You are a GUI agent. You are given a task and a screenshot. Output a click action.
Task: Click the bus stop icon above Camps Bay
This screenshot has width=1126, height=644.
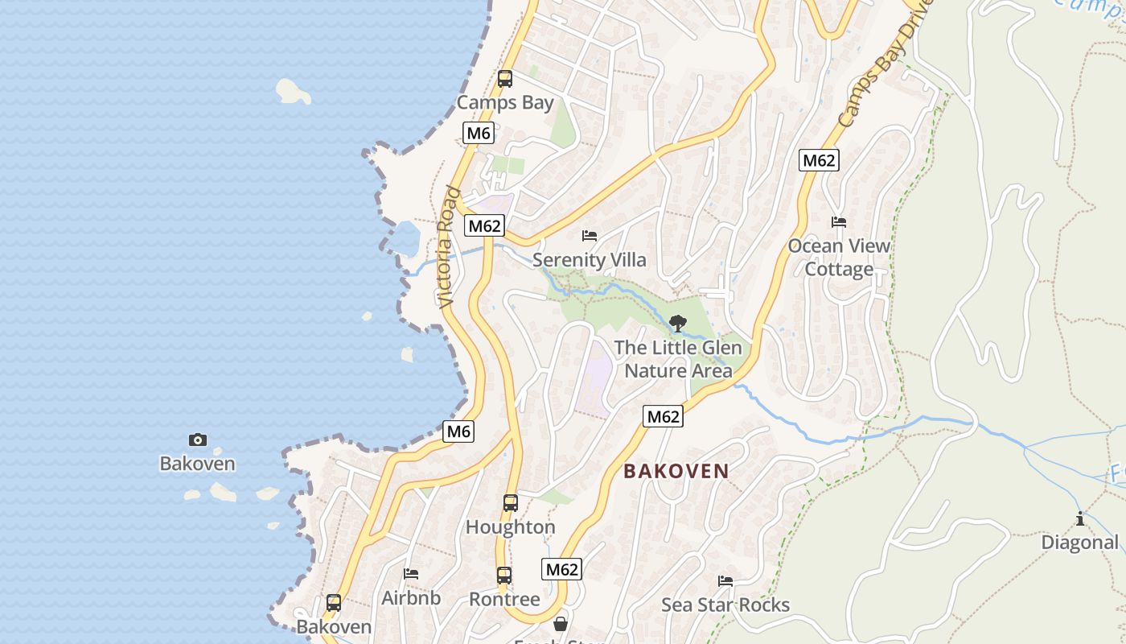click(x=505, y=79)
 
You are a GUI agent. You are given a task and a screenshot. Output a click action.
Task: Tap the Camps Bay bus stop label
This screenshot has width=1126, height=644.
click(x=505, y=102)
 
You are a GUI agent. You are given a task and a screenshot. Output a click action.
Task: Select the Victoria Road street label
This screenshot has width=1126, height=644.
click(x=448, y=247)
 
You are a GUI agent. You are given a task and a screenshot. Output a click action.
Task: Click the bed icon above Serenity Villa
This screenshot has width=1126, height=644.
click(x=590, y=236)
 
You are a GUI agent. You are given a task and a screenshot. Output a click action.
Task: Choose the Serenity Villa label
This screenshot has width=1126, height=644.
click(x=590, y=260)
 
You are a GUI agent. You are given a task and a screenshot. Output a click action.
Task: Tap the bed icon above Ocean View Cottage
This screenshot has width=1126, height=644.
click(x=839, y=222)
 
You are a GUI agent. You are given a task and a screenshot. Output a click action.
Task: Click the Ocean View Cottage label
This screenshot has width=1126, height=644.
click(x=839, y=258)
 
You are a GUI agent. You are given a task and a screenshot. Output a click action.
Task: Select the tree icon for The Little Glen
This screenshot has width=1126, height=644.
click(x=678, y=324)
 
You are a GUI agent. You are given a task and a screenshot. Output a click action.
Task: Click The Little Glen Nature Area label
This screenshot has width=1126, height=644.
click(x=678, y=359)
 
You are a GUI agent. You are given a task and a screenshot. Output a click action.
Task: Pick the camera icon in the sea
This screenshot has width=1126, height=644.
click(x=197, y=440)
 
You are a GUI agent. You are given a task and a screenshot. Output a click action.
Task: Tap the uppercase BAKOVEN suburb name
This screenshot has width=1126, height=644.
click(x=676, y=471)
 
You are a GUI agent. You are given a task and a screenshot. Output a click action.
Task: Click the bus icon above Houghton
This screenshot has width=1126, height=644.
click(x=511, y=503)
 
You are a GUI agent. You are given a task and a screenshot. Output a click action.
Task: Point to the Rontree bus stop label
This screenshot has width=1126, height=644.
click(x=504, y=600)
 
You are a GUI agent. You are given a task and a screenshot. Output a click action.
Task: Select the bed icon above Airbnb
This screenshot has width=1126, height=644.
click(x=411, y=574)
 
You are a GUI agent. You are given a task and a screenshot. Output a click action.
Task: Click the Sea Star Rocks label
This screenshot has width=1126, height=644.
click(x=725, y=605)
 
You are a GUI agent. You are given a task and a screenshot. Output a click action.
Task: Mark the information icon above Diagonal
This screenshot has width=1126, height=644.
click(x=1080, y=519)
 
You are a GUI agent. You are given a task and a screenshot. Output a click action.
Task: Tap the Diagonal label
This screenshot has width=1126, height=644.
click(x=1080, y=543)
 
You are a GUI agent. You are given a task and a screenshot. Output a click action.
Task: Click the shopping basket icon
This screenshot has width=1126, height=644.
click(x=561, y=624)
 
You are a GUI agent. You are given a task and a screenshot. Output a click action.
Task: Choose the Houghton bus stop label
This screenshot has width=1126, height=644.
click(x=511, y=527)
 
